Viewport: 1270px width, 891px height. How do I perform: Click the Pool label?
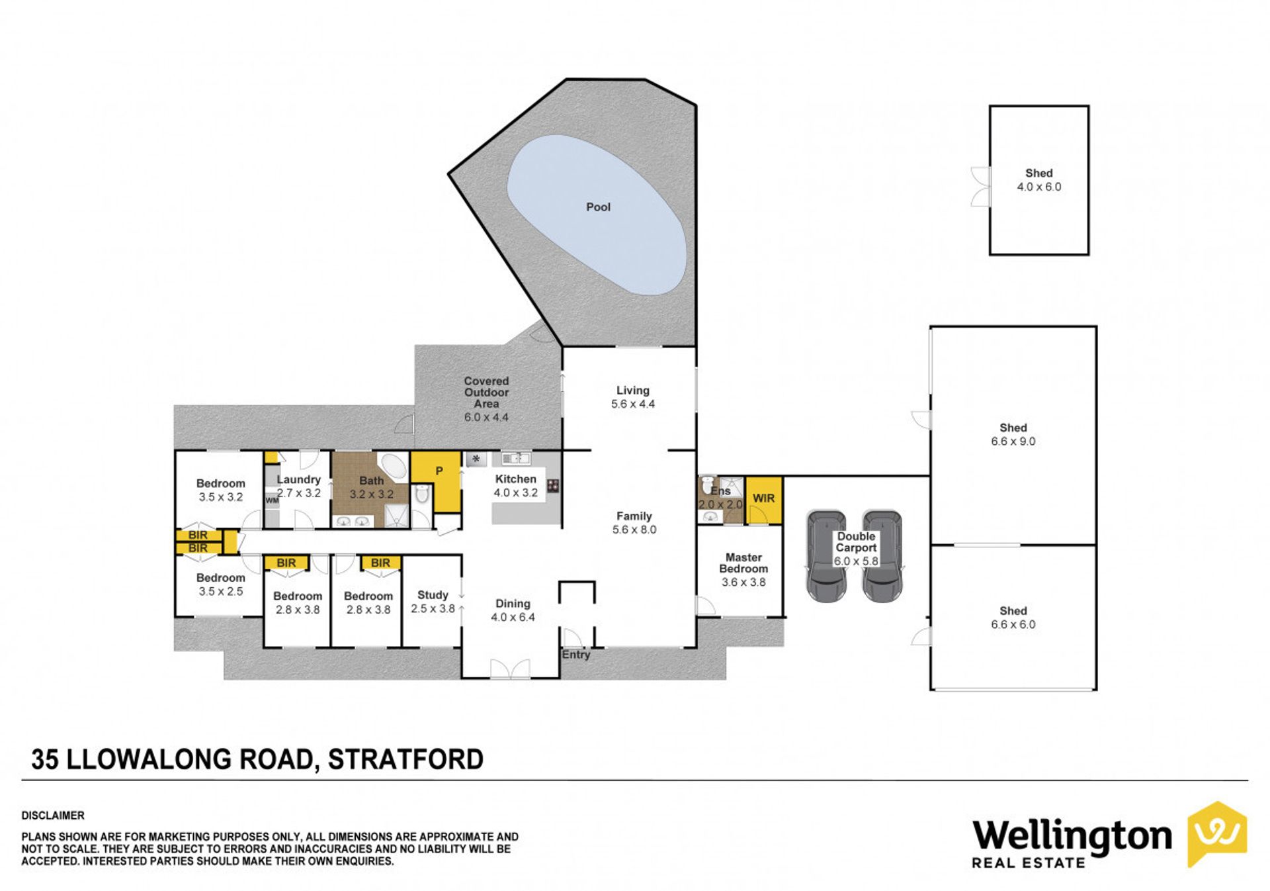pos(598,207)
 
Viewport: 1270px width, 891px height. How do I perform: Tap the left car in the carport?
pos(826,555)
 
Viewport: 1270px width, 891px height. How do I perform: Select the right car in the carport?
pos(882,555)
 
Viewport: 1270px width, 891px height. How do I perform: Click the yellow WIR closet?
pos(764,500)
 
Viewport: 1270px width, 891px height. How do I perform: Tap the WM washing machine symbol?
pos(272,500)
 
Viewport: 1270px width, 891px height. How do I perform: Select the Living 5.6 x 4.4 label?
pos(633,397)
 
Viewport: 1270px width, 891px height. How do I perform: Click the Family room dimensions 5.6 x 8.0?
pos(634,530)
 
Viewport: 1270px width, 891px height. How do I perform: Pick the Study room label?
pos(433,595)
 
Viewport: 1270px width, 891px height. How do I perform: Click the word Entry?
pos(576,655)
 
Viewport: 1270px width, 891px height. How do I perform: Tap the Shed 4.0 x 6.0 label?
pos(1038,180)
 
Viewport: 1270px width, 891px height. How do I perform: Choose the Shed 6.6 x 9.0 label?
pos(1013,435)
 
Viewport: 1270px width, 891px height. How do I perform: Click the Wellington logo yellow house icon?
pos(1217,834)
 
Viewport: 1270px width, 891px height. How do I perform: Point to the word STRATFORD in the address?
pos(405,759)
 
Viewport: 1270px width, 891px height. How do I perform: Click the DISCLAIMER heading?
pos(53,816)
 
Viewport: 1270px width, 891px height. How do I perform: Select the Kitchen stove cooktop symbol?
pos(553,486)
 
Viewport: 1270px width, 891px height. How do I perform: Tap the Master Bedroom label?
pos(743,563)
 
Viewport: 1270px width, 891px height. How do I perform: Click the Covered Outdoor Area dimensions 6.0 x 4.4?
pos(486,418)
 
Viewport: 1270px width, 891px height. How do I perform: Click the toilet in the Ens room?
pos(708,482)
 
